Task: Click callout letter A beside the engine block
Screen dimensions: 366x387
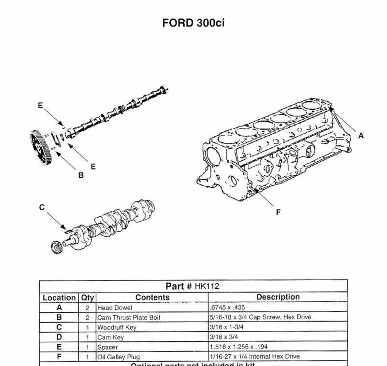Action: click(x=361, y=136)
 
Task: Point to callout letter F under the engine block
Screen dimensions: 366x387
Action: click(x=278, y=212)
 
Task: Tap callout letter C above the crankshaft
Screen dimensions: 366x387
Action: click(x=42, y=207)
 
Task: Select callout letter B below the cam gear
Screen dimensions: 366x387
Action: click(x=81, y=176)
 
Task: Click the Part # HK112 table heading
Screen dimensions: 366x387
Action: click(x=193, y=286)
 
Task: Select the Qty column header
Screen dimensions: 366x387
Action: click(x=88, y=297)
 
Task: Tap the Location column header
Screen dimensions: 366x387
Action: click(x=59, y=297)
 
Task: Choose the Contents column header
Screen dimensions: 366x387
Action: click(x=152, y=297)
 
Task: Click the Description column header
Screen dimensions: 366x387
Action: click(x=278, y=297)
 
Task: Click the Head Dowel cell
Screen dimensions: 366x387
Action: click(x=115, y=308)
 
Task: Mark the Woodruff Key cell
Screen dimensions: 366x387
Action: click(x=117, y=327)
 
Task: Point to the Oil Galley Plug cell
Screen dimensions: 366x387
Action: click(x=119, y=357)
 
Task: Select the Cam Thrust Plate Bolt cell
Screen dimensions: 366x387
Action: click(x=129, y=317)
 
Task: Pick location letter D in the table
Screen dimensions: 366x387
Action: click(x=59, y=337)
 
